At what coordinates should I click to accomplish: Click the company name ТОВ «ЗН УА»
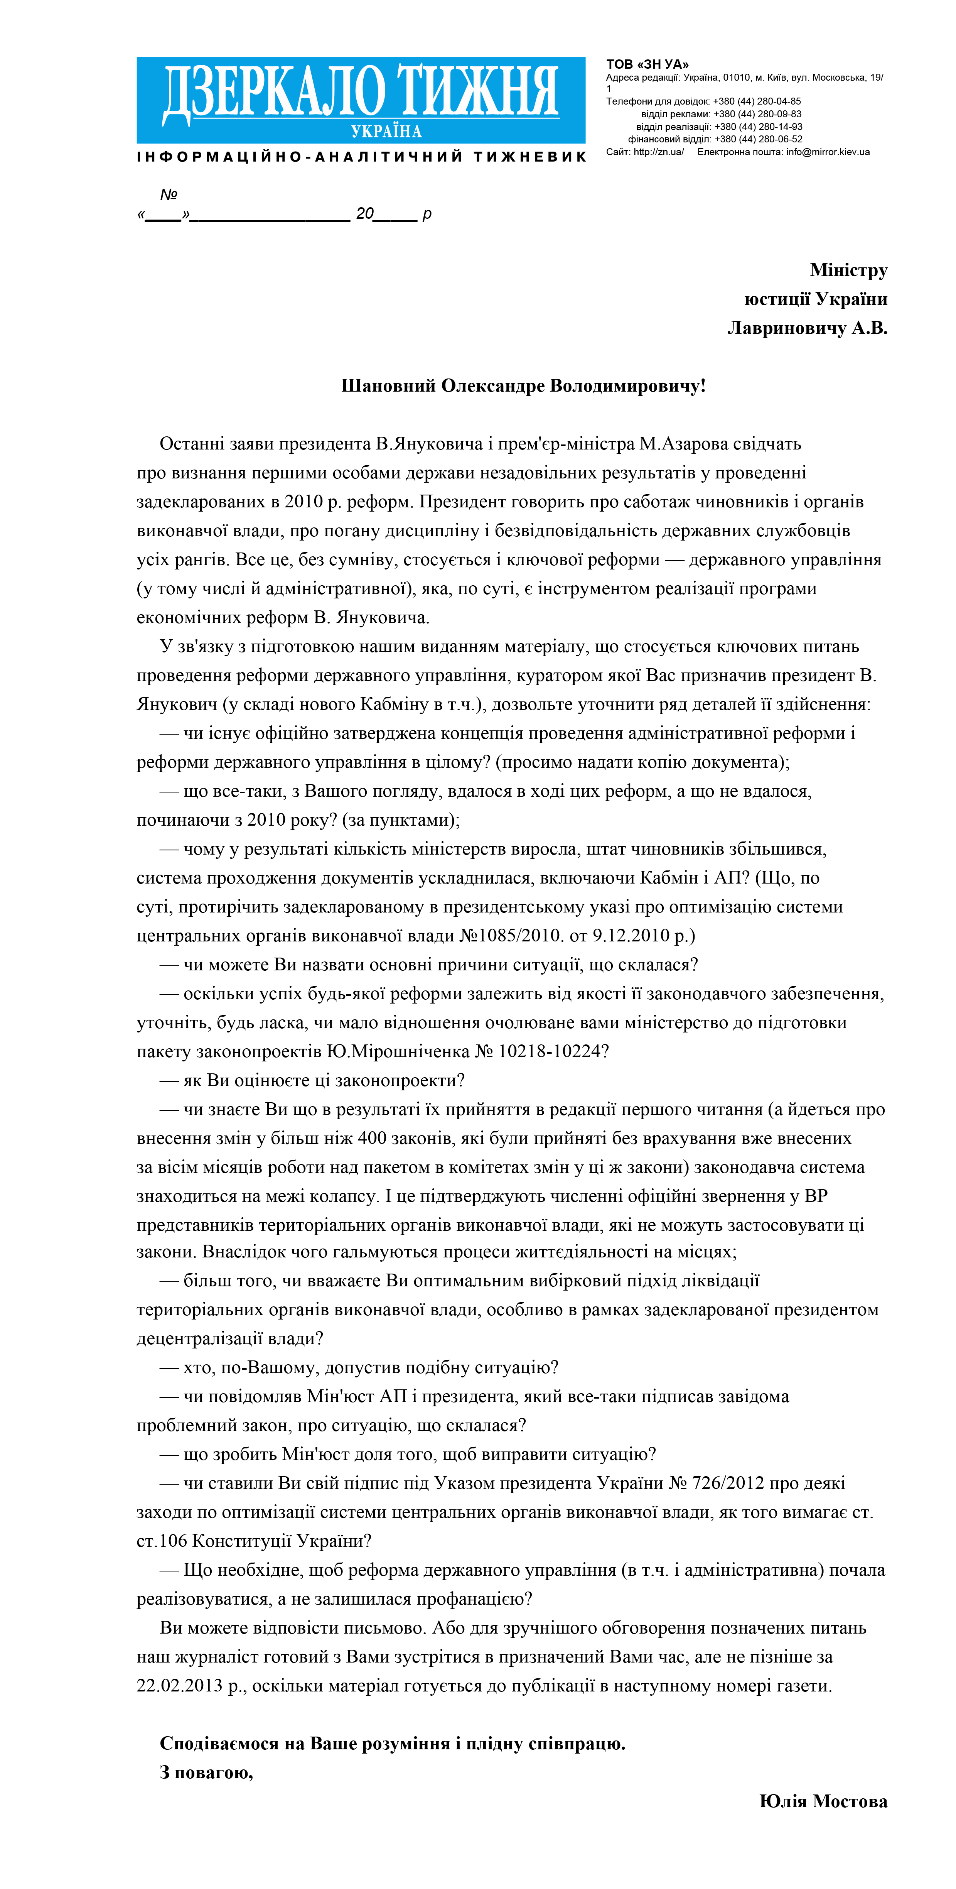point(647,64)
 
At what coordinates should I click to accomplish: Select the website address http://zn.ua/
point(658,152)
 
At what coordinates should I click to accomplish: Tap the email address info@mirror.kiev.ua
point(828,152)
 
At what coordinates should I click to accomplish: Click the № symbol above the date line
point(169,194)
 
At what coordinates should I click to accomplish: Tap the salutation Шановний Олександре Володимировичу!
point(523,386)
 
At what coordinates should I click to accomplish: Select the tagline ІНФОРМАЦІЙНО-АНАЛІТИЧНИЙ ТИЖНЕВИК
point(361,157)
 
